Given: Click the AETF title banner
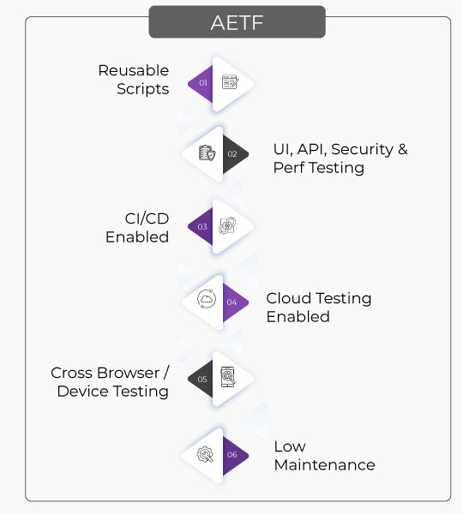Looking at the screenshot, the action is click(x=237, y=22).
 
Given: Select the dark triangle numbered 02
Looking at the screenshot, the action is click(x=233, y=154).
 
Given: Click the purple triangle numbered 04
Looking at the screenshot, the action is click(x=233, y=302).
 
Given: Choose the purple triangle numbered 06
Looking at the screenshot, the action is click(x=233, y=455).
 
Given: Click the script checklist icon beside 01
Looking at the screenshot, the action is click(x=231, y=82).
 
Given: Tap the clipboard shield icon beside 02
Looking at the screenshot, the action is click(x=207, y=153).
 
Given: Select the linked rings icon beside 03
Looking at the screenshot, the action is click(x=227, y=225).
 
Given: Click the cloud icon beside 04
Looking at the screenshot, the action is click(x=207, y=299).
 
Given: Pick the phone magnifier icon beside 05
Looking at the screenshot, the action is click(x=228, y=377).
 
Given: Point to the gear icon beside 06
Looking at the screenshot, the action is click(x=205, y=455).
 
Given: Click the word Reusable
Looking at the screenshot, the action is click(x=134, y=70).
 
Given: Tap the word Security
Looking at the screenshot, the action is click(x=363, y=150).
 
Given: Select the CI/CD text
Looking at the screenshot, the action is click(x=147, y=218).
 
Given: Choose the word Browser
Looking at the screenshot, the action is click(x=129, y=373).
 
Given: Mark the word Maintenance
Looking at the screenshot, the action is click(x=324, y=465).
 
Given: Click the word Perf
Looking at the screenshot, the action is click(x=289, y=168).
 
